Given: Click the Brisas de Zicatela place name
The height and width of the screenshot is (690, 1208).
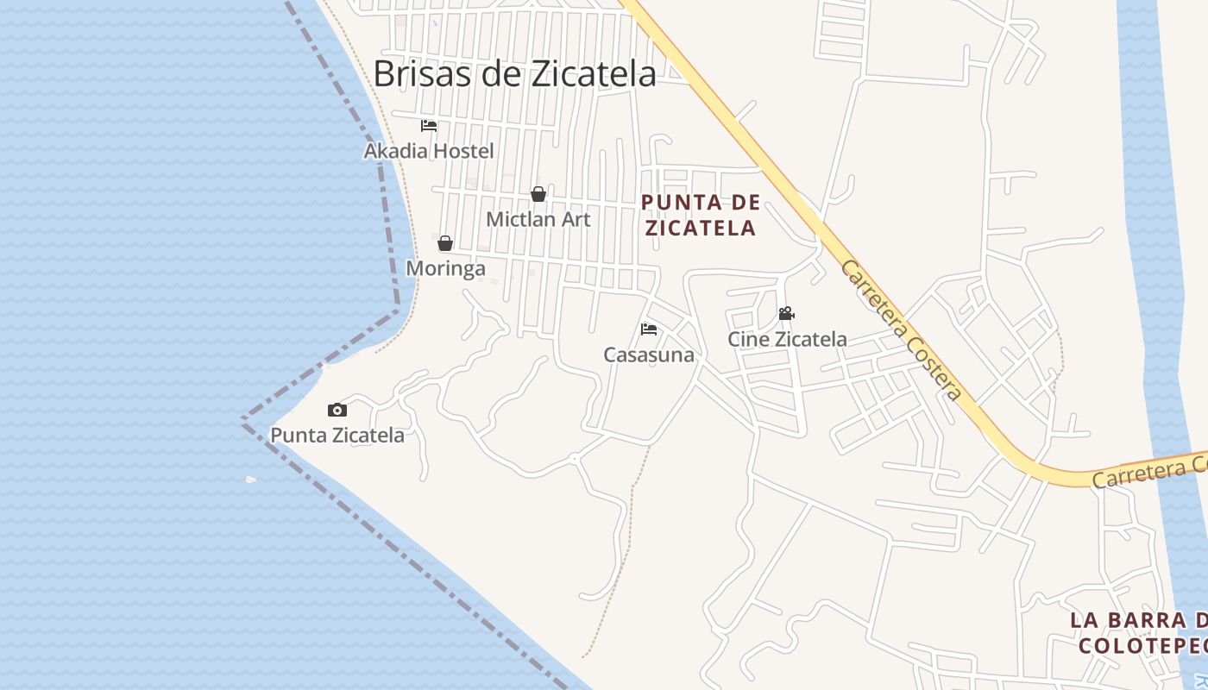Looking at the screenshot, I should [x=514, y=74].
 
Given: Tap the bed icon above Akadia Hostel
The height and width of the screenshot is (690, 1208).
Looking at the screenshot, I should [x=429, y=126].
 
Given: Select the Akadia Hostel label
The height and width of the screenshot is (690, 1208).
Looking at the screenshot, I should [x=429, y=151].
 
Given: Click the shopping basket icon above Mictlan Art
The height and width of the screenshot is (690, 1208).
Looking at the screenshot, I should [x=538, y=194].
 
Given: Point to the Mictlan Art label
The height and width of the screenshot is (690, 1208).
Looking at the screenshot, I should [x=538, y=219].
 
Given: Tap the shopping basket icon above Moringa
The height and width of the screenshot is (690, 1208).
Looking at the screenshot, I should [x=445, y=243].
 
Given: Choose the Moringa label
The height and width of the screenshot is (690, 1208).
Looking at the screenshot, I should [x=445, y=268].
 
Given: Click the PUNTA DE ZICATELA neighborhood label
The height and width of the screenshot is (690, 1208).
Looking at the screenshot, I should [x=701, y=215].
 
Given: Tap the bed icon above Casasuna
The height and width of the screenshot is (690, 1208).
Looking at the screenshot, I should [x=649, y=329].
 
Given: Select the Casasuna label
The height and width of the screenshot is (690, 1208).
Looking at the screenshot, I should [x=649, y=354].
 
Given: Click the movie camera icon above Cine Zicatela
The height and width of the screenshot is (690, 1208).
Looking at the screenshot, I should [x=786, y=314].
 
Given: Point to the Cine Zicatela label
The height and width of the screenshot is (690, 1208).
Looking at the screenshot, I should [x=787, y=339].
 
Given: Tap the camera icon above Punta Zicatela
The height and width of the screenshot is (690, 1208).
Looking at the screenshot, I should [x=337, y=411].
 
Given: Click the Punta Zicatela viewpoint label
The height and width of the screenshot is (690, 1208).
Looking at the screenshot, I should [x=337, y=435].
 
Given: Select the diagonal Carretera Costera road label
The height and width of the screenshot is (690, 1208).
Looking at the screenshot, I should [x=901, y=330].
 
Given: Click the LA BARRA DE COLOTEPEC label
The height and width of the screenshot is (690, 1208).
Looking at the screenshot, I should [x=1139, y=632].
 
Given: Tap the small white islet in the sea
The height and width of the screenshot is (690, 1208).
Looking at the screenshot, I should [x=251, y=480].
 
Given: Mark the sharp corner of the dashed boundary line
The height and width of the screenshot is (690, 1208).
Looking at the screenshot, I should [x=242, y=420].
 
